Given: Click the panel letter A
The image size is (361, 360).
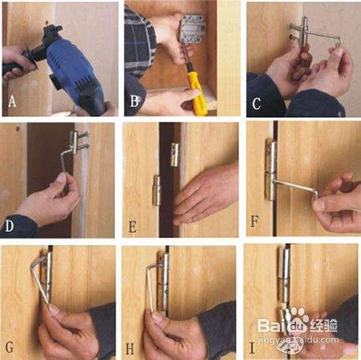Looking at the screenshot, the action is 12,101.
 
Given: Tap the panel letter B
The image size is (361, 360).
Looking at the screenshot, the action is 134,101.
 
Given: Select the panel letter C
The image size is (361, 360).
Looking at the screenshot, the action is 256,103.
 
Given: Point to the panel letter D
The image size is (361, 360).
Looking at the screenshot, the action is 9,226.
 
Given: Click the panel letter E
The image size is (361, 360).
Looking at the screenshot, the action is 132,227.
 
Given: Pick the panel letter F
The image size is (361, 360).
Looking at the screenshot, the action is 255,221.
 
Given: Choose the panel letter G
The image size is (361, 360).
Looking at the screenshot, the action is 9,347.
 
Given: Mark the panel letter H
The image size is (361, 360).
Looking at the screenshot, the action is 130,348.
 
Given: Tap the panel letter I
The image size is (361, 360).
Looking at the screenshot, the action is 252,348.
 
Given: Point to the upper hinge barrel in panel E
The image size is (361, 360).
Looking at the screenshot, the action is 175,155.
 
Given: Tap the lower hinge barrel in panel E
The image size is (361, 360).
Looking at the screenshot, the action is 157,190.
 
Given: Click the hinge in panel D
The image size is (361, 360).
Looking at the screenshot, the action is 77,142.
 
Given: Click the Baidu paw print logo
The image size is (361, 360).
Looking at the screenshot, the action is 297,320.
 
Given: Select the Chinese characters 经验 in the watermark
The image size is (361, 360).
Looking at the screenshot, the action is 323,325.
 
